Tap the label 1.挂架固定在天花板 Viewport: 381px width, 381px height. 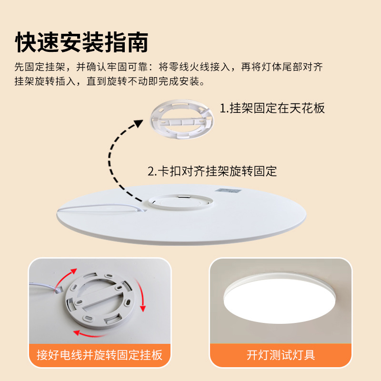click(x=272, y=108)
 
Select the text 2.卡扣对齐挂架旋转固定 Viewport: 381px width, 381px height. click(x=212, y=171)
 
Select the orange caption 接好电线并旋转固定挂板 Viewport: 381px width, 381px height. click(x=100, y=355)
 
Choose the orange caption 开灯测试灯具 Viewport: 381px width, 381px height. click(x=281, y=355)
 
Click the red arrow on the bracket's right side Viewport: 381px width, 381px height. click(x=141, y=300)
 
